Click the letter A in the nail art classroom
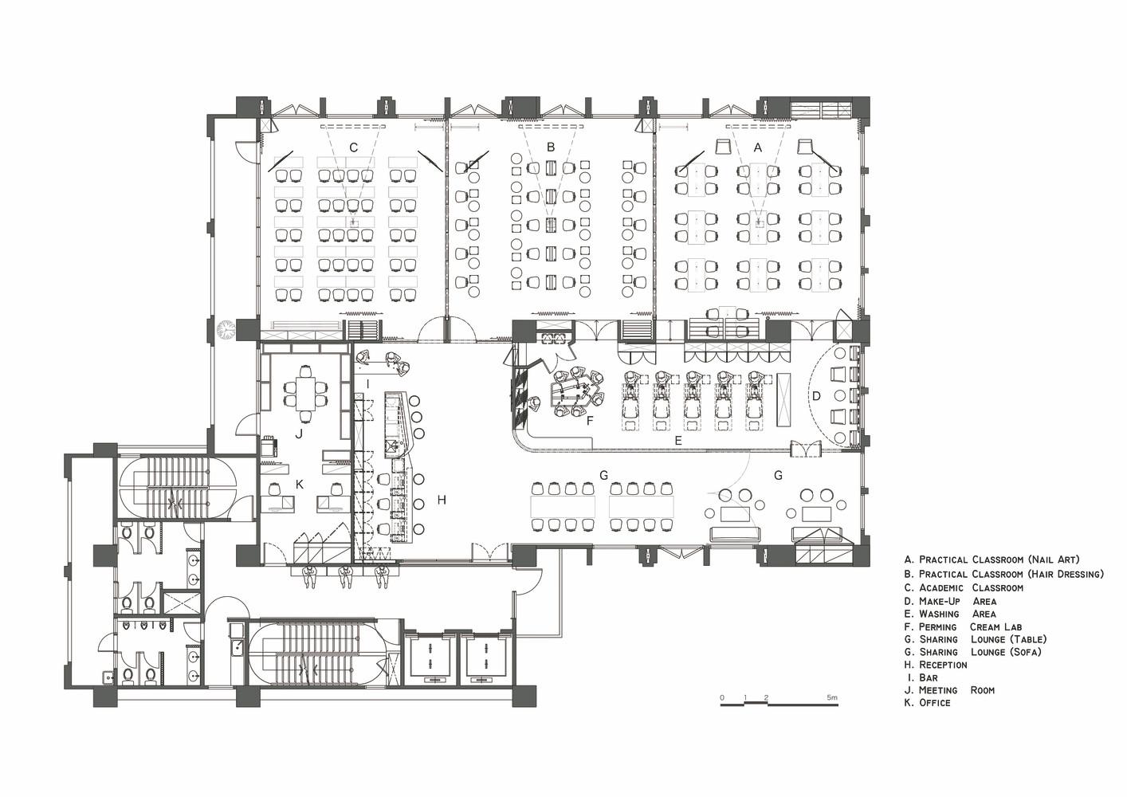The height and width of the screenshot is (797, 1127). click(757, 148)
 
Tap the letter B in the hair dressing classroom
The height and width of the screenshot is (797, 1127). click(551, 147)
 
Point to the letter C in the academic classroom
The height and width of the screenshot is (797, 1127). click(354, 147)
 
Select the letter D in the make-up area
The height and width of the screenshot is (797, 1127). click(816, 396)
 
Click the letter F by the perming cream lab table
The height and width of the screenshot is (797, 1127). click(590, 421)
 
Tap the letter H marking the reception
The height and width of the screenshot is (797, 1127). click(442, 500)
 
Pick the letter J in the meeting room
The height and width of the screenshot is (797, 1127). click(299, 434)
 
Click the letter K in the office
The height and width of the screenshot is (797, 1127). click(300, 484)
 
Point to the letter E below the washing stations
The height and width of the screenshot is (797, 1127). click(677, 442)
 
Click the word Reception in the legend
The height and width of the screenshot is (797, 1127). click(943, 665)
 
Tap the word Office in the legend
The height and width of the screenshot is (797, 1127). click(934, 703)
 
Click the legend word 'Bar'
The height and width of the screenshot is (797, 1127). click(929, 677)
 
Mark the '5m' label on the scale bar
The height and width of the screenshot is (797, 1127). click(831, 698)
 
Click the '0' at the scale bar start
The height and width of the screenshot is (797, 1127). click(722, 698)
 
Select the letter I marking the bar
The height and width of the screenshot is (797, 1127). click(367, 384)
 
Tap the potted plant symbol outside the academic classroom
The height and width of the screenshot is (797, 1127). click(226, 330)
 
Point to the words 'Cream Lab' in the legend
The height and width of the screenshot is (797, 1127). click(995, 627)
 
